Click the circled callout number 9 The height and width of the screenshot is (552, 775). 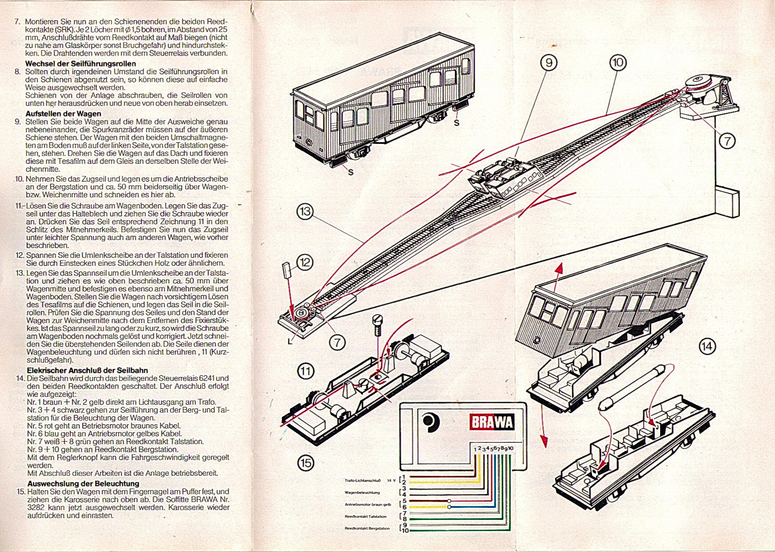(548, 63)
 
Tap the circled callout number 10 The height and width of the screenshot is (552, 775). (617, 62)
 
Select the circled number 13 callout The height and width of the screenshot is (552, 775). (305, 211)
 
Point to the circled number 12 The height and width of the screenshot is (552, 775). (304, 262)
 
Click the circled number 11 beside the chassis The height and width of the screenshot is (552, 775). (305, 371)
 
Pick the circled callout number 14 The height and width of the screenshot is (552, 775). (707, 346)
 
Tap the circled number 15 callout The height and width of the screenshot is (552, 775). (305, 463)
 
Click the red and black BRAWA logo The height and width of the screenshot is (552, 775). (492, 422)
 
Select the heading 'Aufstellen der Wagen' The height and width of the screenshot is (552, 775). (63, 114)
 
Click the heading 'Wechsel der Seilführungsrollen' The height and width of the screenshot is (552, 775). (81, 63)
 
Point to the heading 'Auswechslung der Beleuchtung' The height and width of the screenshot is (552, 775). (83, 483)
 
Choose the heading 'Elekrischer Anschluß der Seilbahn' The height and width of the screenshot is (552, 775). (87, 370)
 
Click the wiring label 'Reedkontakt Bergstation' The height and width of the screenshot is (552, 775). (367, 528)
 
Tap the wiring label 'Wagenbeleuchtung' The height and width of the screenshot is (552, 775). (362, 493)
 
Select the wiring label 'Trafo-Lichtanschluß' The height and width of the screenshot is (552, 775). (363, 480)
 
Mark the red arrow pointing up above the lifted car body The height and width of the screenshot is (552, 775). (559, 269)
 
